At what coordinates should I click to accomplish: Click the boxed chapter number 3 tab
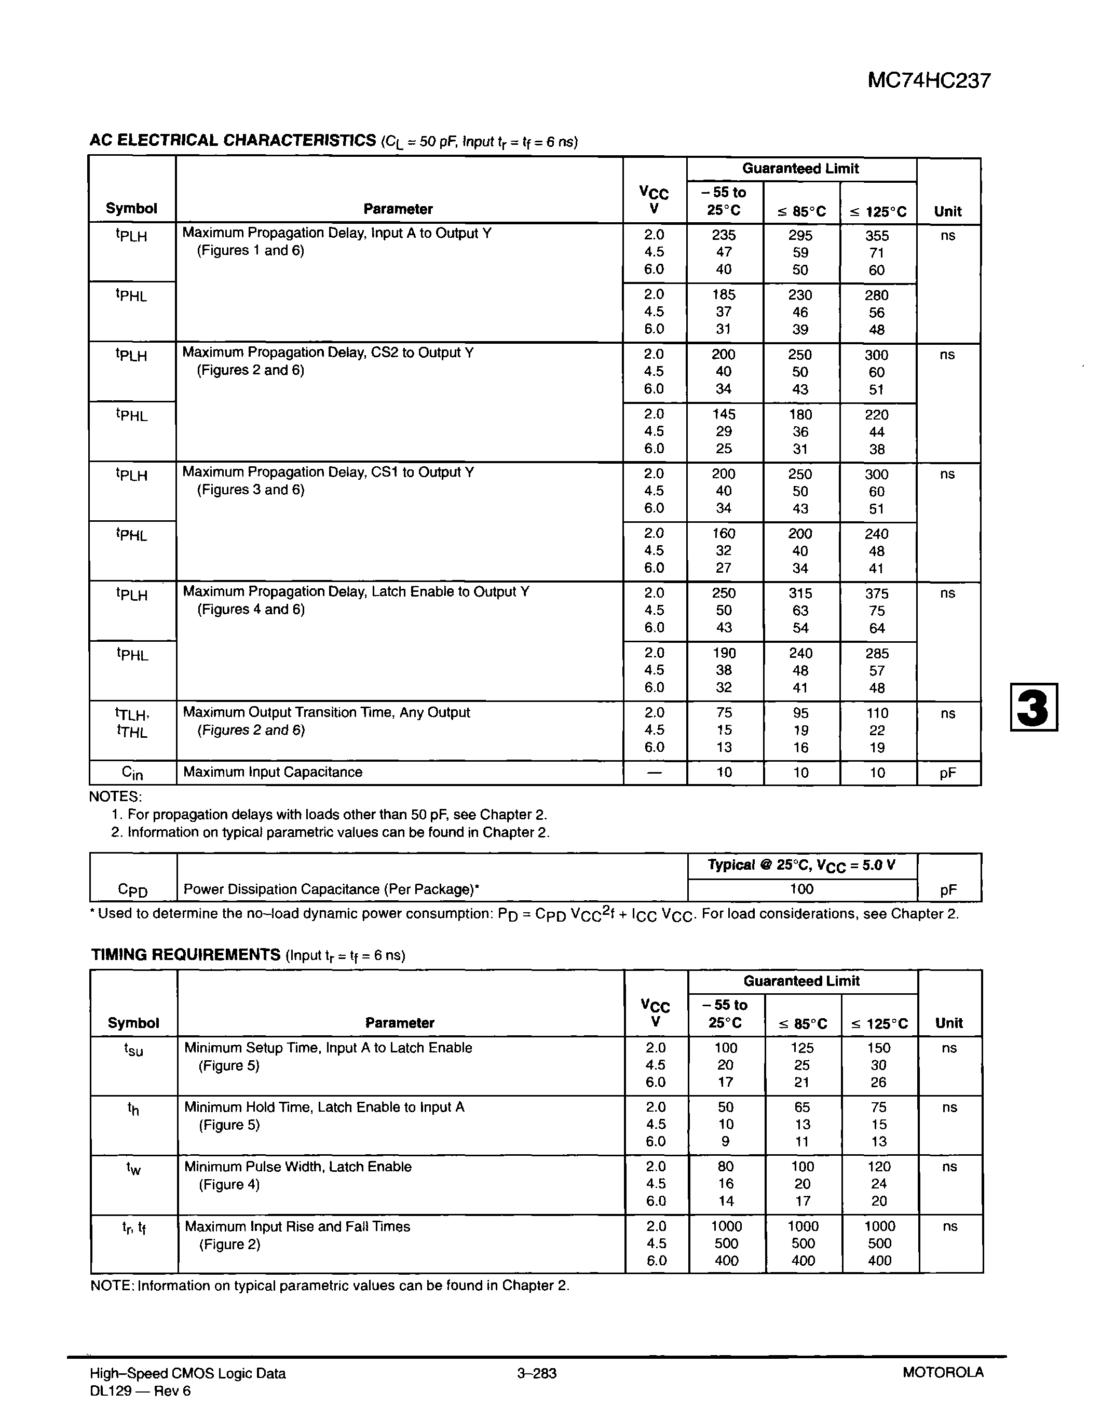pyautogui.click(x=1034, y=707)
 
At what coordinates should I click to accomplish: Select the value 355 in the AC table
pyautogui.click(x=877, y=236)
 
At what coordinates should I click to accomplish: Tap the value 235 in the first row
pyautogui.click(x=723, y=235)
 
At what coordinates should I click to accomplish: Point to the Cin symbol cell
pyautogui.click(x=132, y=773)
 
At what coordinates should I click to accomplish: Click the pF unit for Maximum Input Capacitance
pyautogui.click(x=947, y=773)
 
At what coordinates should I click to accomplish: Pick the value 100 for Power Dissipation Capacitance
pyautogui.click(x=801, y=889)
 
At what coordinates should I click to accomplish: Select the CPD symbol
pyautogui.click(x=132, y=889)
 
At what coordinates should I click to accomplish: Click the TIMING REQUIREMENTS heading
pyautogui.click(x=185, y=955)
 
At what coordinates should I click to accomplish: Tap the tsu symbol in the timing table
pyautogui.click(x=133, y=1049)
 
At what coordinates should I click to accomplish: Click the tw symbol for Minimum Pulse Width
pyautogui.click(x=133, y=1168)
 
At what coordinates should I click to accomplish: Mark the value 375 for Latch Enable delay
pyautogui.click(x=877, y=593)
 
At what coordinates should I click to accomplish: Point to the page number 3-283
pyautogui.click(x=537, y=1373)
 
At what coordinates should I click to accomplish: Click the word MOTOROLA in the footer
pyautogui.click(x=943, y=1372)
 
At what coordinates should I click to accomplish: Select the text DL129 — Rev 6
pyautogui.click(x=140, y=1391)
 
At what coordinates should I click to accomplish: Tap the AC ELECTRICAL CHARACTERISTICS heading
pyautogui.click(x=233, y=140)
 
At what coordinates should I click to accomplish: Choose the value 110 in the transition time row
pyautogui.click(x=877, y=713)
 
